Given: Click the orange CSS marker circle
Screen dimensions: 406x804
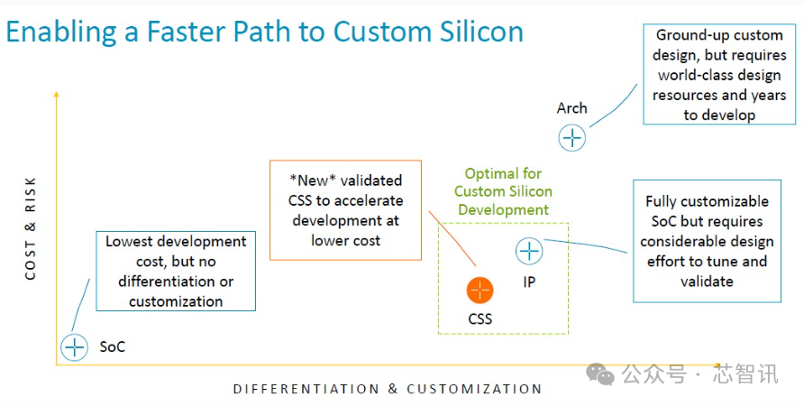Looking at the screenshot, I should tap(480, 290).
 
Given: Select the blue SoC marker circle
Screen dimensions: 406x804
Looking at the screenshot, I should tap(74, 346).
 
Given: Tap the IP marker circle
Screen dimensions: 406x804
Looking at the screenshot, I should tap(529, 252).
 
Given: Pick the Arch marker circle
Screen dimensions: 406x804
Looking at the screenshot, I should tap(572, 138).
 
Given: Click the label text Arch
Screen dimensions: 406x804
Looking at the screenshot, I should tap(571, 108).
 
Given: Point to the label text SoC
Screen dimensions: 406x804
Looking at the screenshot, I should tap(112, 346).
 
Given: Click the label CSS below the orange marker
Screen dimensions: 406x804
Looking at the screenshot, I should tap(480, 318).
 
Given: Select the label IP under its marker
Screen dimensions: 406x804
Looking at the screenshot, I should tap(529, 281).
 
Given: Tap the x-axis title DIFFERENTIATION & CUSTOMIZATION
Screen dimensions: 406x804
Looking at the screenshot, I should tap(388, 389).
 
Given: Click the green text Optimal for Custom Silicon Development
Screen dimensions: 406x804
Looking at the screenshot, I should tap(503, 191).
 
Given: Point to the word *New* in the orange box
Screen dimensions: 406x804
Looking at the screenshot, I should tap(309, 180).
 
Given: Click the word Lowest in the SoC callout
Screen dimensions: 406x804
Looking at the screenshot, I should tap(132, 242).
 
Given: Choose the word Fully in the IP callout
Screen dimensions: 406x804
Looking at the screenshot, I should tap(662, 201).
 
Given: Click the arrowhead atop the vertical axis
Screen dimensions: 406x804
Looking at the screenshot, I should tap(57, 94).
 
